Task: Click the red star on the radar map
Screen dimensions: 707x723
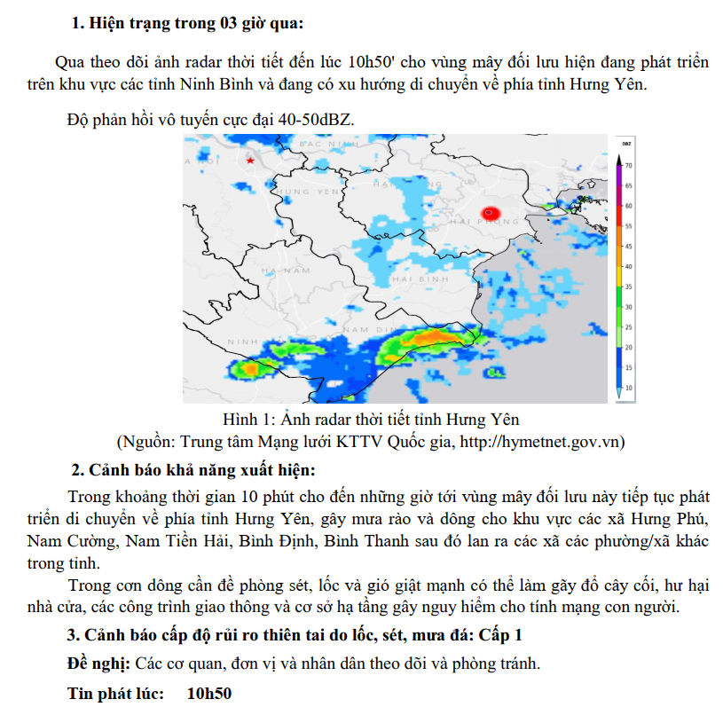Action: tap(251, 161)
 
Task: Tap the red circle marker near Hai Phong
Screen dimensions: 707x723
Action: tap(491, 212)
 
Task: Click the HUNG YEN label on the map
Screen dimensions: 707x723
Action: tap(308, 191)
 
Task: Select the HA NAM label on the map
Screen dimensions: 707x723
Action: tap(284, 269)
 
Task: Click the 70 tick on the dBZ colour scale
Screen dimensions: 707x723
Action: tap(628, 166)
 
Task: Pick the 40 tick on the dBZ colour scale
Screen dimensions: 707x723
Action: tap(628, 266)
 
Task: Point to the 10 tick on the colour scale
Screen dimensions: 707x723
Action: tap(628, 388)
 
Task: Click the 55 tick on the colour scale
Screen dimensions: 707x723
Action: tap(628, 226)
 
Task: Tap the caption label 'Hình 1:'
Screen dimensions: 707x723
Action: tap(254, 419)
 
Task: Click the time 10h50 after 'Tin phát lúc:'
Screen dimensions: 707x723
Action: tap(209, 693)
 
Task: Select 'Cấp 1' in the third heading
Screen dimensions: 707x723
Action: tap(500, 635)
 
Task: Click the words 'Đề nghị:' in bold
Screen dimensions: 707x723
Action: tap(99, 664)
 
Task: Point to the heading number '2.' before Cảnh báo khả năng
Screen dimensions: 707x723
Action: tap(78, 469)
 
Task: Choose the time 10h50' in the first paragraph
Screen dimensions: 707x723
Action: tap(374, 63)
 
